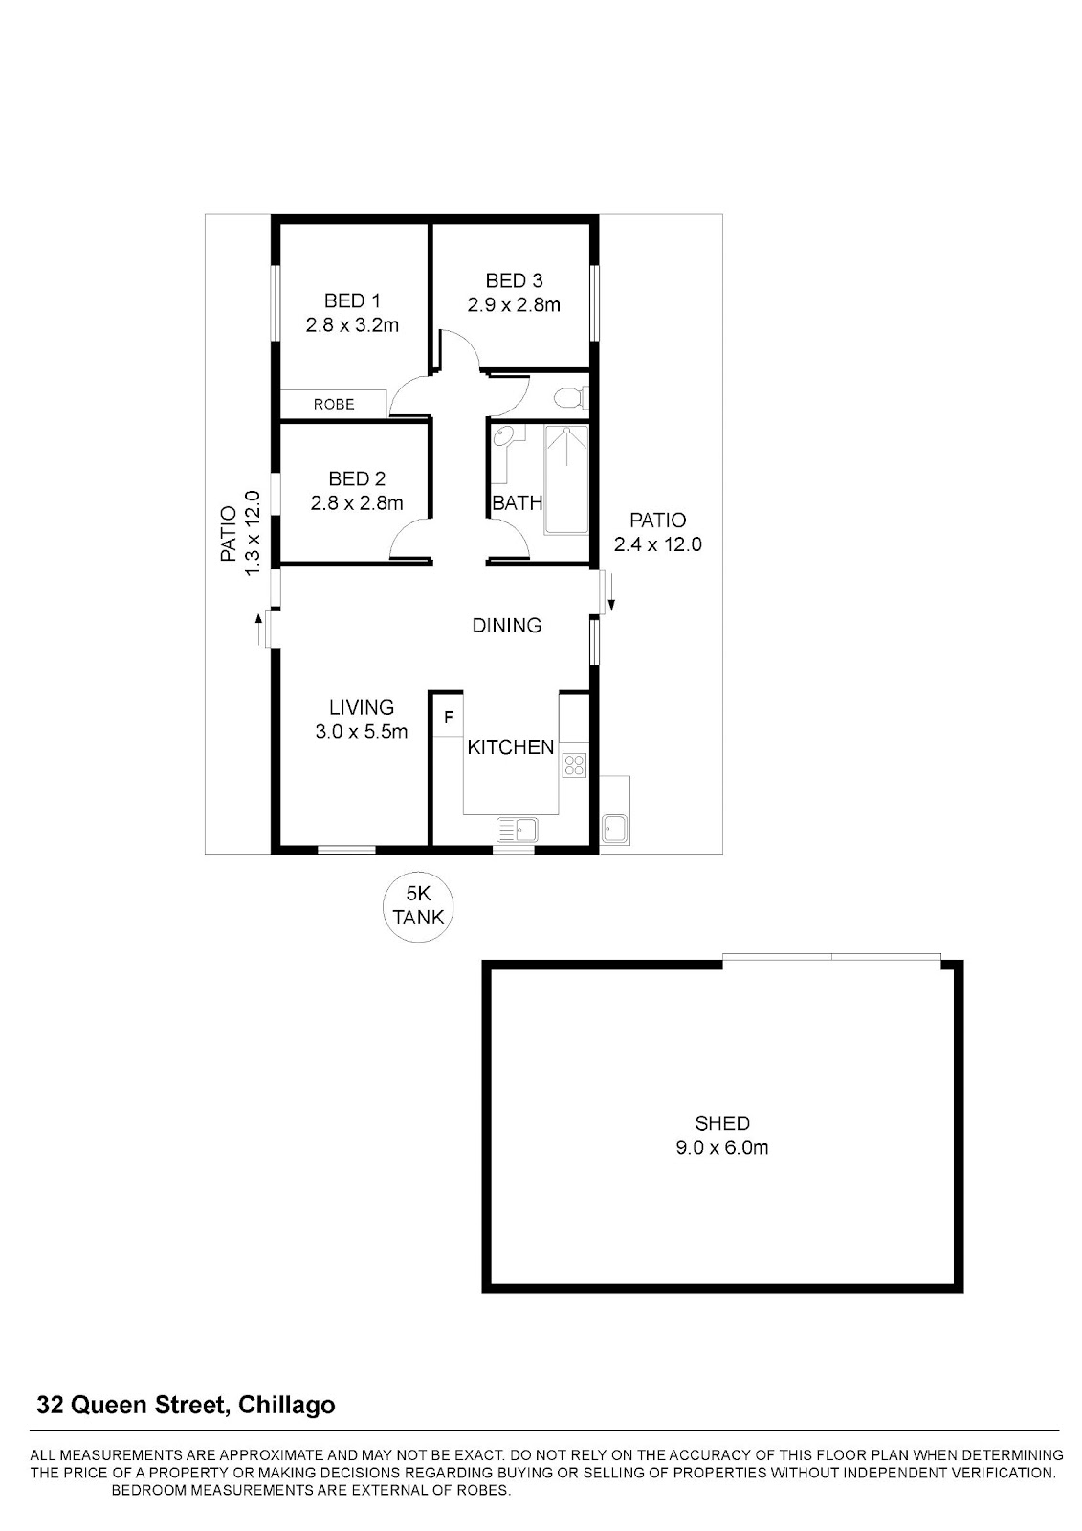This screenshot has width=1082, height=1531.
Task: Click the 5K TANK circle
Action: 418,908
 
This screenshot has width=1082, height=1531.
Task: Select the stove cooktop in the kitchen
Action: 573,765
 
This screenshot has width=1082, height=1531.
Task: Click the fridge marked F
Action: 449,717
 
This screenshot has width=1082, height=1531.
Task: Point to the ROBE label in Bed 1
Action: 334,404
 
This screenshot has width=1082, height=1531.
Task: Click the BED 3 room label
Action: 514,280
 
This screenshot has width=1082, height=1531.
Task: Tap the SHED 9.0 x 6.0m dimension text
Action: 721,1147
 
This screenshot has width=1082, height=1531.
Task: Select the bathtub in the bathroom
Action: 566,479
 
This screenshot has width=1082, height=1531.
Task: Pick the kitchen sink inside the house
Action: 517,830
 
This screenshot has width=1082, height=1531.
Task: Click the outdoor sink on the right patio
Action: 614,828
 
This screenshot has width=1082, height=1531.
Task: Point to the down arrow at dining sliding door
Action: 611,592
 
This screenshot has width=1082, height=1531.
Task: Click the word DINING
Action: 506,626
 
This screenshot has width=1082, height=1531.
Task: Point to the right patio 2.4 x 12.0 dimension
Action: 657,544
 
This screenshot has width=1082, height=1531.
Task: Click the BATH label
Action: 518,503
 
